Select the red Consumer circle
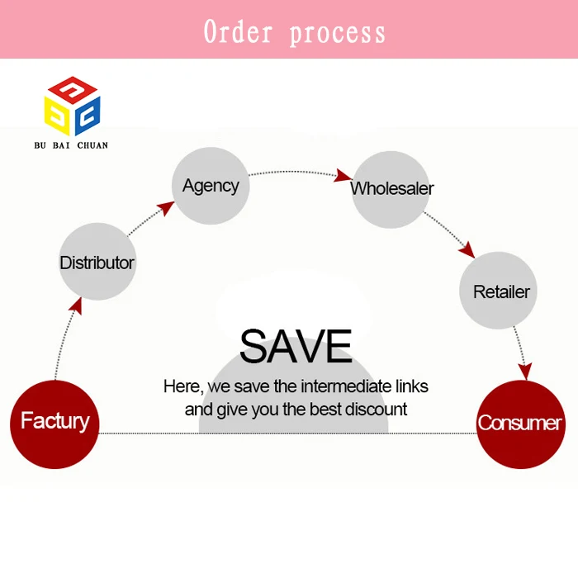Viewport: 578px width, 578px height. pyautogui.click(x=520, y=424)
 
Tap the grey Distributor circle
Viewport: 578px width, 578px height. pyautogui.click(x=97, y=263)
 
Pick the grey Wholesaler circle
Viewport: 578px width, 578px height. pyautogui.click(x=391, y=188)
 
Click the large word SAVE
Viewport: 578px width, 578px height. pyautogui.click(x=295, y=346)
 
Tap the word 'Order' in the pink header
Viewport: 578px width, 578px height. pyautogui.click(x=239, y=32)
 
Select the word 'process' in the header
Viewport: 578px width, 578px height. pyautogui.click(x=337, y=33)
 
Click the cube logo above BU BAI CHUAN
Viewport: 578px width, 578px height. pyautogui.click(x=72, y=106)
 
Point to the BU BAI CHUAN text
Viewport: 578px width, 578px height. pyautogui.click(x=71, y=145)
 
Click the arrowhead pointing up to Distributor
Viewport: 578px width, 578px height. pyautogui.click(x=76, y=305)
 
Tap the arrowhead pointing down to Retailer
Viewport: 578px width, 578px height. pyautogui.click(x=467, y=249)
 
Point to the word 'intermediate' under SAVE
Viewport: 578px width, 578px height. pyautogui.click(x=339, y=386)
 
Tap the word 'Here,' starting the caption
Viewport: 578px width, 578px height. pyautogui.click(x=181, y=386)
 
